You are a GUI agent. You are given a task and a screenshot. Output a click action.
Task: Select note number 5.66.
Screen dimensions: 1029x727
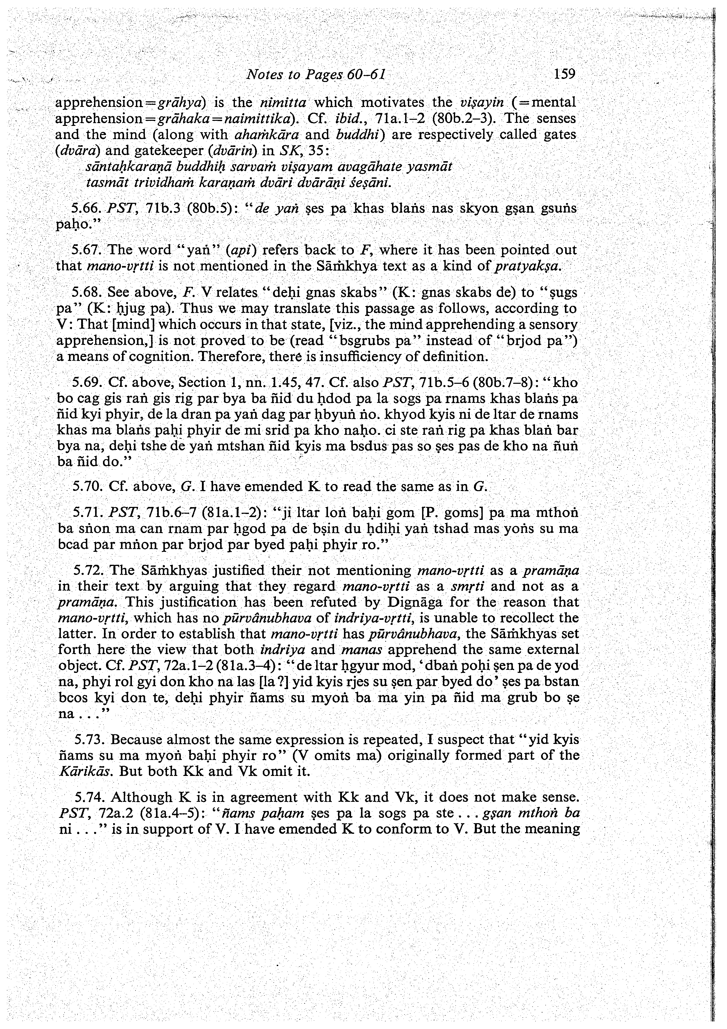click(88, 208)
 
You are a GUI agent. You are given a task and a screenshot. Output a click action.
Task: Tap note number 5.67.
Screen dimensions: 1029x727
click(88, 250)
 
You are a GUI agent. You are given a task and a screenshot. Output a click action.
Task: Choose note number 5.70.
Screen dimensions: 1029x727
click(88, 486)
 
